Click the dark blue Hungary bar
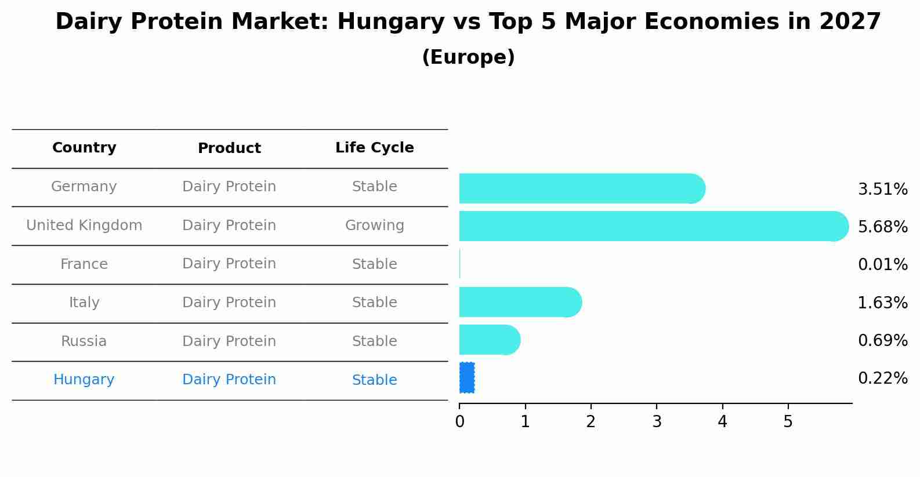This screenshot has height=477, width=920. [x=467, y=377]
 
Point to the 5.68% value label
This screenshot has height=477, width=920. [x=882, y=227]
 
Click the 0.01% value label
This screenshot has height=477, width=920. [x=882, y=264]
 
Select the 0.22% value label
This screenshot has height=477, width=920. [x=882, y=378]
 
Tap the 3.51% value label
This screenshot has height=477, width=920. [x=882, y=189]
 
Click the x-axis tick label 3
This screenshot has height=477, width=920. [x=657, y=422]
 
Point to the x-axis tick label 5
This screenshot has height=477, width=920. [x=788, y=422]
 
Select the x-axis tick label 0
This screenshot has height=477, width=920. [x=459, y=422]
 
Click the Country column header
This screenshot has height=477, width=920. [x=84, y=148]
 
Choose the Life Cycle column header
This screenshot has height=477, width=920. [x=374, y=148]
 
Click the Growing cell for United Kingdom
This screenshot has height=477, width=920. [x=374, y=225]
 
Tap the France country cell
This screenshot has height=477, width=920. [x=84, y=264]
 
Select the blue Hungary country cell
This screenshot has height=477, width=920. [x=84, y=380]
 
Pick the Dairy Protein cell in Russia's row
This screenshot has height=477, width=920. [x=229, y=341]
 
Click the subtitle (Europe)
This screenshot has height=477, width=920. [x=468, y=57]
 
